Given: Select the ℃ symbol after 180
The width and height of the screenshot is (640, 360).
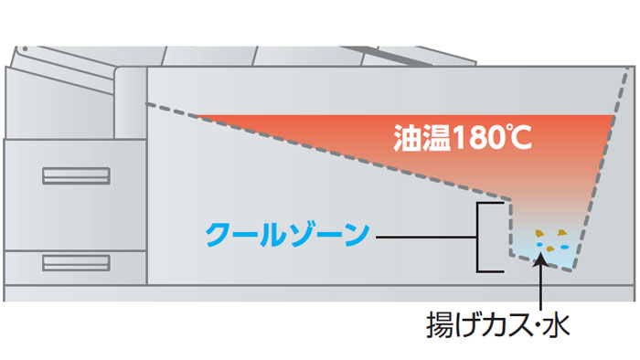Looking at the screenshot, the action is [x=518, y=139].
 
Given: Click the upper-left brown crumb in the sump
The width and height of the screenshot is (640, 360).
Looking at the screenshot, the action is [x=539, y=233].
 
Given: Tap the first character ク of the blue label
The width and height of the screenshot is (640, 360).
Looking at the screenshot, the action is [x=218, y=237].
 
